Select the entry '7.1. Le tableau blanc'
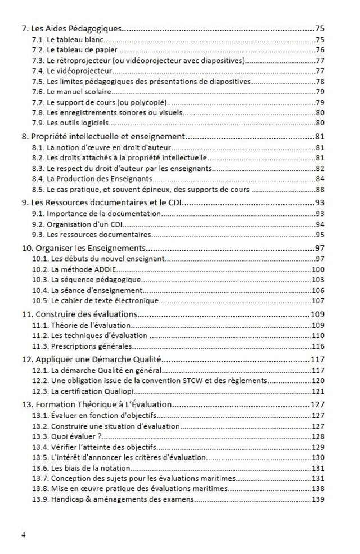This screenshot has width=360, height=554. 68,40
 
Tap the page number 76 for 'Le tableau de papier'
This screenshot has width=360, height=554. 319,50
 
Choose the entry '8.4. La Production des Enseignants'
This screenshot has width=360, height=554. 92,178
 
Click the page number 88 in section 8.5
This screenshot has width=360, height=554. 319,189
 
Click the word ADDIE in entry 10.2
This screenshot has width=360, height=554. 105,269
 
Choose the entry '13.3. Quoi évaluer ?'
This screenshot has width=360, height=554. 67,436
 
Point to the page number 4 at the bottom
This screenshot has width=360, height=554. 23,535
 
